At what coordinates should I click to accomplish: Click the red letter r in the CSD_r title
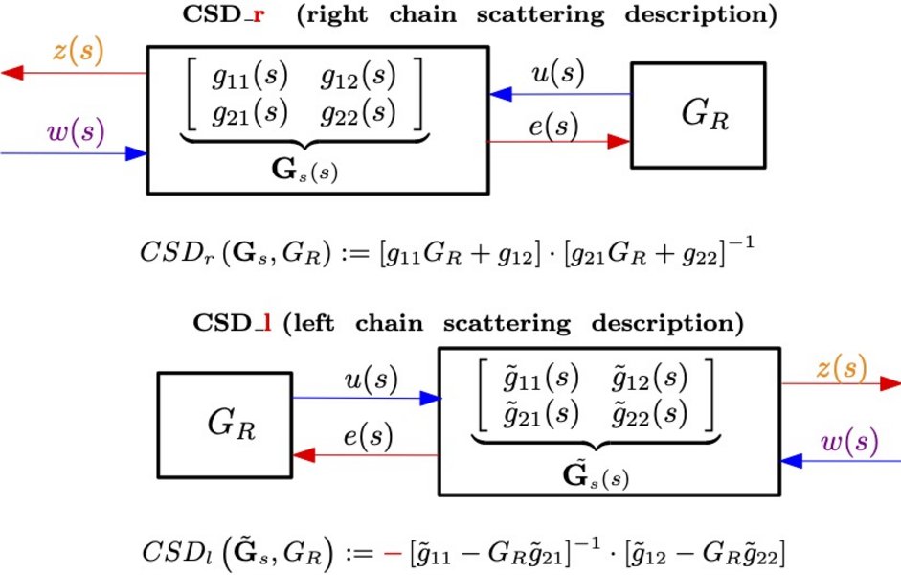point(259,15)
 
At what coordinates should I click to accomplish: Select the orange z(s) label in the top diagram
point(79,50)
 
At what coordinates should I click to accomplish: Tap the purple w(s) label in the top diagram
point(76,132)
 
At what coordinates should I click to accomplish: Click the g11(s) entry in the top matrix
point(249,76)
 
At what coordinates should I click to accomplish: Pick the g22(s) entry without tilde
point(358,113)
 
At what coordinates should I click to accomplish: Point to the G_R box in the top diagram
point(698,115)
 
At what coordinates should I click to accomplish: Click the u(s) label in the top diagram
point(558,73)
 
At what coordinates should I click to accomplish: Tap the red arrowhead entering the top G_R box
point(619,142)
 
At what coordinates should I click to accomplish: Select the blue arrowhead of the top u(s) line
point(501,94)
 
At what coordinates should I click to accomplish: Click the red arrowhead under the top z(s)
point(12,73)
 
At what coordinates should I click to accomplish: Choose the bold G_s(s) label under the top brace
point(304,171)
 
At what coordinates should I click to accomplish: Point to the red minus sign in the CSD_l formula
point(393,553)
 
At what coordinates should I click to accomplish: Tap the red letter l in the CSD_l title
point(267,323)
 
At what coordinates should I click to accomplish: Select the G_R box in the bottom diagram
point(225,425)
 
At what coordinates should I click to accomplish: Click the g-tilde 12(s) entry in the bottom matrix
point(649,379)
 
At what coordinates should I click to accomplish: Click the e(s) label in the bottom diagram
point(369,435)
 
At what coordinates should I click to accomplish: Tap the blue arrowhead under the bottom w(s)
point(791,461)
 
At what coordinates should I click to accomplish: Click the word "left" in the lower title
point(313,323)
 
